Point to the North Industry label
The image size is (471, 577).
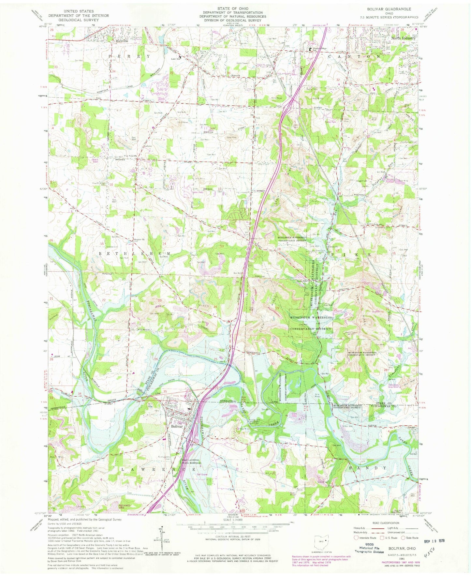403,38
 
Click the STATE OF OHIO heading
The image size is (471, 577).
233,8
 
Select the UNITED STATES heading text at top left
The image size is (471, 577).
79,11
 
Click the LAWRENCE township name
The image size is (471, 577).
159,469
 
